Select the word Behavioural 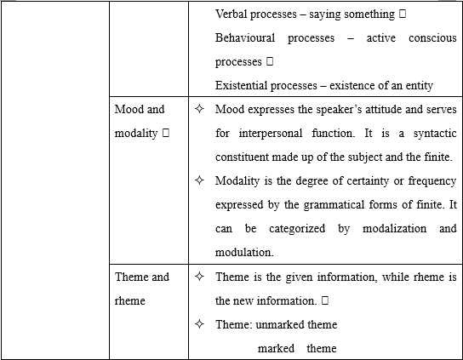245,38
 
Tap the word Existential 241,86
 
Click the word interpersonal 271,133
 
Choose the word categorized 297,229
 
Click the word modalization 395,229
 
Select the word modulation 244,253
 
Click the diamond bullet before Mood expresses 199,109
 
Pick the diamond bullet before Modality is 199,180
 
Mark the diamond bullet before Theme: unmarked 199,324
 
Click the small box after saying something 403,14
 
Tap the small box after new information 325,300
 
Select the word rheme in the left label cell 130,301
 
